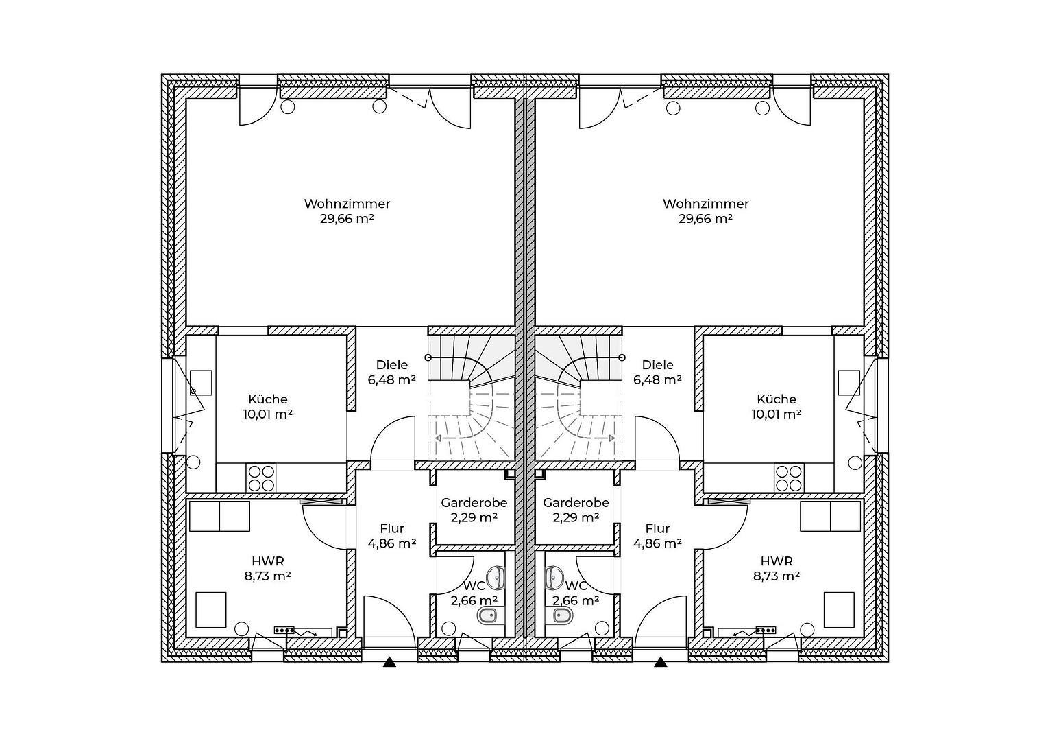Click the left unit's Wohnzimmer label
(x=347, y=204)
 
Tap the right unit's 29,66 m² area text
(x=705, y=219)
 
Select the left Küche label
(x=268, y=399)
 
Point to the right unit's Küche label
(x=777, y=399)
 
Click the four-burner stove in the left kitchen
(x=261, y=478)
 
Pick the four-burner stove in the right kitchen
(x=789, y=478)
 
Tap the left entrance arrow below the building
(x=389, y=662)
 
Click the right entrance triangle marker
(x=661, y=662)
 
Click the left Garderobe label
(x=474, y=503)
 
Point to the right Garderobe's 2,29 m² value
(x=576, y=517)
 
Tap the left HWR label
(x=268, y=561)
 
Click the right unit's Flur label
(x=657, y=528)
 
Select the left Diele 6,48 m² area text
(x=391, y=379)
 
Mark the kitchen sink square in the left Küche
(x=201, y=382)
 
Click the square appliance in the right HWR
(x=839, y=609)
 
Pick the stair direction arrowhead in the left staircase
(x=438, y=438)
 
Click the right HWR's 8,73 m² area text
(x=777, y=576)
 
